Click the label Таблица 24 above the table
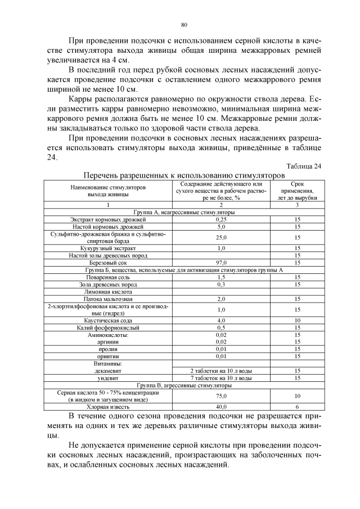(304, 166)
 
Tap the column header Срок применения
(297, 191)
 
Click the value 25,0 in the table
(221, 237)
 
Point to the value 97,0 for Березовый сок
(221, 263)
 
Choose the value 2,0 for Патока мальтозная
(221, 299)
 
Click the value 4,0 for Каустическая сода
(221, 320)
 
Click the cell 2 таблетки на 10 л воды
(221, 371)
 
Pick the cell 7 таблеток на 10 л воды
(221, 378)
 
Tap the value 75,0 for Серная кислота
(221, 395)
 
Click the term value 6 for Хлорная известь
(297, 406)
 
